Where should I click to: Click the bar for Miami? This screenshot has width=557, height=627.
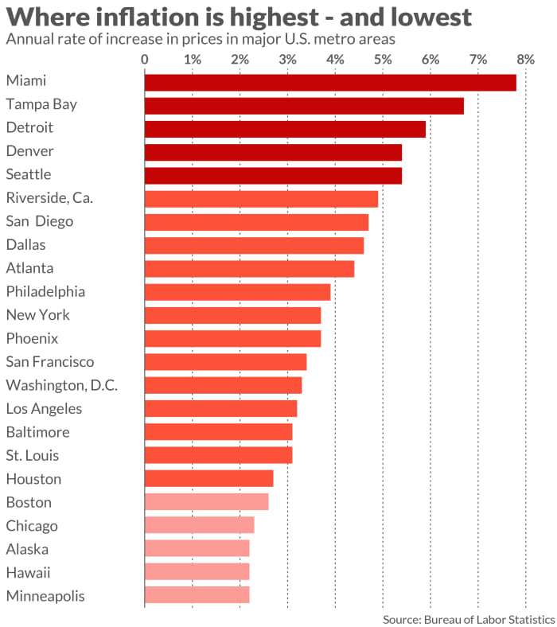click(x=329, y=82)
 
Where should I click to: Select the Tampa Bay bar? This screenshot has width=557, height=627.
click(x=303, y=105)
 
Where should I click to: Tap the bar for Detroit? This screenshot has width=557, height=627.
click(x=284, y=129)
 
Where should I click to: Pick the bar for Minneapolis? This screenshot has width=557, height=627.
click(x=197, y=595)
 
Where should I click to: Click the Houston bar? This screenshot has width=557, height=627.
click(x=208, y=479)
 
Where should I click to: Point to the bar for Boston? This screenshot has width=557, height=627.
click(x=206, y=502)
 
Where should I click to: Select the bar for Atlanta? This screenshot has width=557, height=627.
click(x=249, y=268)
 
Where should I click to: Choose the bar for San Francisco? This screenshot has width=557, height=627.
click(x=225, y=362)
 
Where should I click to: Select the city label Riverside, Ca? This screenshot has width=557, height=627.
click(x=49, y=198)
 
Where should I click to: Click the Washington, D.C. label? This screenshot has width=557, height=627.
click(x=62, y=385)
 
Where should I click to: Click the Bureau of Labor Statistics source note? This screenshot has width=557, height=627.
click(x=468, y=617)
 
